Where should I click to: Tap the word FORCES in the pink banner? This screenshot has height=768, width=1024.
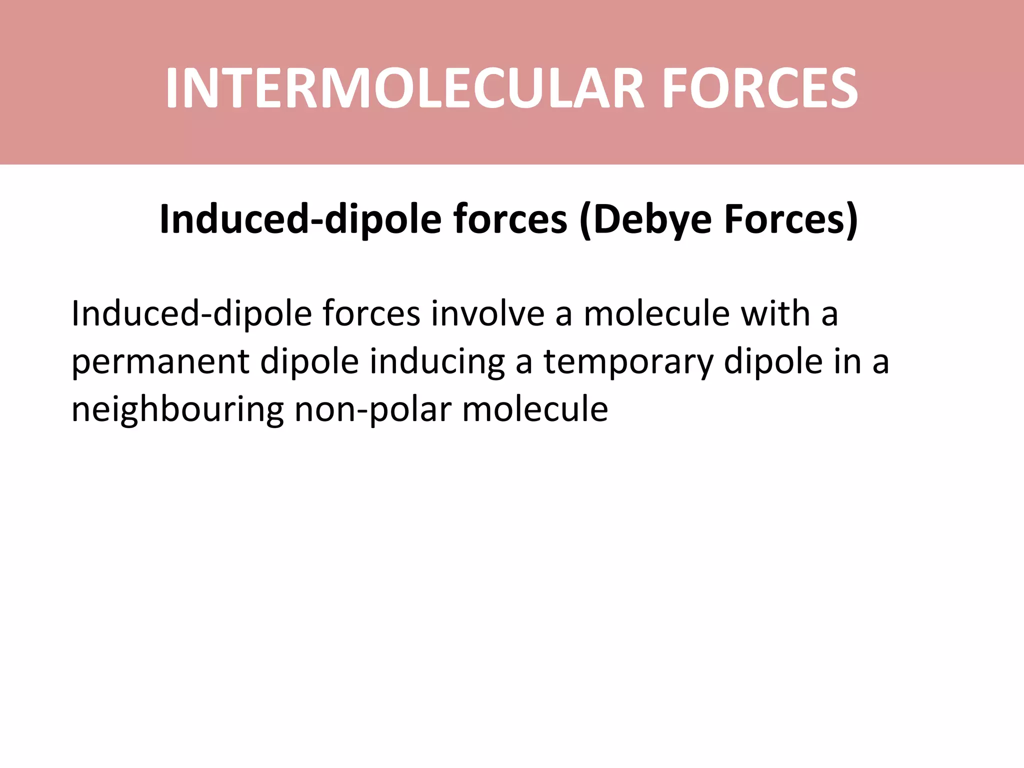[x=760, y=89]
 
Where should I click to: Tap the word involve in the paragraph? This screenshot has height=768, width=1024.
[x=488, y=314]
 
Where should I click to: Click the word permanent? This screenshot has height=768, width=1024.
[x=160, y=362]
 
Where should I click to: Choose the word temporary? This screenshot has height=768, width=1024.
[x=628, y=362]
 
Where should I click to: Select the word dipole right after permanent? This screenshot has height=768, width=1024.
[x=309, y=362]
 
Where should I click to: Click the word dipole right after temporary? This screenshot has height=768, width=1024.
[x=773, y=362]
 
